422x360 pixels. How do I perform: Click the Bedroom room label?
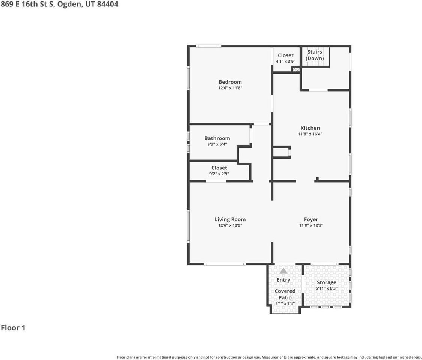point(230,82)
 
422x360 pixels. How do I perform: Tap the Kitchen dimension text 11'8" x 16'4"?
point(310,134)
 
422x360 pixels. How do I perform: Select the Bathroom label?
point(217,138)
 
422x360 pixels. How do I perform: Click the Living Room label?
point(230,219)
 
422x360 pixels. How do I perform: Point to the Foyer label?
point(311,219)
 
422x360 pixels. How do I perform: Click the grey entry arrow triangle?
point(283,271)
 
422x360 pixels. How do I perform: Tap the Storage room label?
point(326,282)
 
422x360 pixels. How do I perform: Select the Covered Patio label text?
point(285,294)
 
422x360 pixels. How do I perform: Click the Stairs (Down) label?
point(315,55)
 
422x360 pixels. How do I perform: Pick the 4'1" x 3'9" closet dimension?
point(286,61)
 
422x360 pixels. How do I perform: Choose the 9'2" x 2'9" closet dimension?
point(219,174)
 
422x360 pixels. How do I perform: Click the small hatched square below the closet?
point(296,69)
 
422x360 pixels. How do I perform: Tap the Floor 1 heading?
point(13,328)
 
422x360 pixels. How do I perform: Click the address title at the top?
point(59,5)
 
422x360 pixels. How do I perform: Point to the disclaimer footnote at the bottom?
point(269,357)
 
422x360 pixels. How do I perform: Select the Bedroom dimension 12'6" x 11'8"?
point(230,88)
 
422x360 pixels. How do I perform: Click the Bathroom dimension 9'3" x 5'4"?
point(217,144)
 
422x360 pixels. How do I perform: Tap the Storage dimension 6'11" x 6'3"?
point(326,288)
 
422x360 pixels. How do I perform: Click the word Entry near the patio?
point(283,280)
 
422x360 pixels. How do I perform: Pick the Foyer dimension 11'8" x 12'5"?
point(311,226)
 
